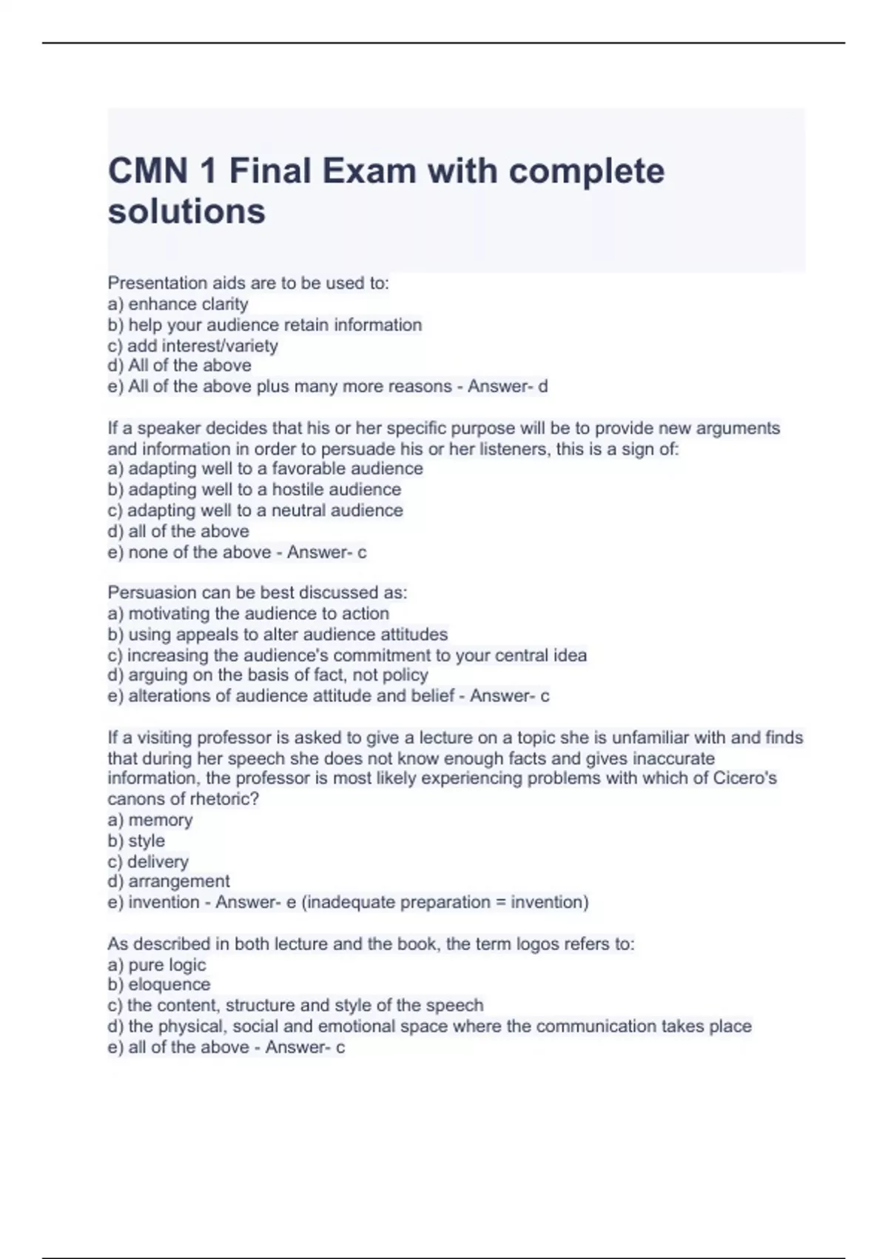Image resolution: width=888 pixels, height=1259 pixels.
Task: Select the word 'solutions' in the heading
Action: pyautogui.click(x=186, y=211)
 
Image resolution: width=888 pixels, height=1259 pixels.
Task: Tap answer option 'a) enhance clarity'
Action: pyautogui.click(x=178, y=304)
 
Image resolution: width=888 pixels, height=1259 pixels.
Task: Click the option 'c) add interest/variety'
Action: pyautogui.click(x=192, y=346)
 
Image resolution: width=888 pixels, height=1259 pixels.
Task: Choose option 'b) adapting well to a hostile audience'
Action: pyautogui.click(x=254, y=490)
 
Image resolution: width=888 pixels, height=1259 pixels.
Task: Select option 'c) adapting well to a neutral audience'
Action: pyautogui.click(x=255, y=510)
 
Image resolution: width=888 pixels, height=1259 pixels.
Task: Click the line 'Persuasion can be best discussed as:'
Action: pyautogui.click(x=257, y=592)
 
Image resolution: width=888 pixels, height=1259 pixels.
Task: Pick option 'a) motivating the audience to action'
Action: pyautogui.click(x=248, y=613)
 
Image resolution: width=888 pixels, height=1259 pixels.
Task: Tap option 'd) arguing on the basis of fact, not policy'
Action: pyautogui.click(x=268, y=675)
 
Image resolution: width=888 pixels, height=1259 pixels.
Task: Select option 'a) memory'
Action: pyautogui.click(x=149, y=820)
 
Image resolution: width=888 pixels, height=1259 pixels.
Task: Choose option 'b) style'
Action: pyautogui.click(x=136, y=841)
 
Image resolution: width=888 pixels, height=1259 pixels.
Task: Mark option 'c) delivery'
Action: pyautogui.click(x=148, y=861)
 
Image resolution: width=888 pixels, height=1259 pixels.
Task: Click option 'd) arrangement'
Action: pyautogui.click(x=169, y=881)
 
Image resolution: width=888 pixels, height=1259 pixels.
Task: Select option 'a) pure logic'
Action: pyautogui.click(x=156, y=965)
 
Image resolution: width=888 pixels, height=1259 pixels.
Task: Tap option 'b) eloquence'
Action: pyautogui.click(x=159, y=984)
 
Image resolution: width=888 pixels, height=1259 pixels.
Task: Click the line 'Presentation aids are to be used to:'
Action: pyautogui.click(x=248, y=283)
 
